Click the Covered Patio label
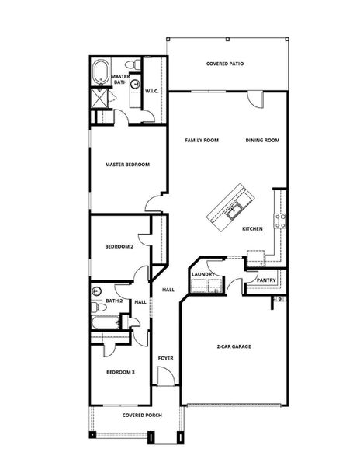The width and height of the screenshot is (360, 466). (225, 64)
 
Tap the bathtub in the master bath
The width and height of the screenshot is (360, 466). (100, 74)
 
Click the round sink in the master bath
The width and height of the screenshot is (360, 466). (134, 85)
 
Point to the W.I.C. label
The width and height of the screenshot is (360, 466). (152, 92)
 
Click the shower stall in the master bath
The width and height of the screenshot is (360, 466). (100, 96)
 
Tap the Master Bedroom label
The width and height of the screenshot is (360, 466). (127, 165)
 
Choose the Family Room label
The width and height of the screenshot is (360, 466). (201, 141)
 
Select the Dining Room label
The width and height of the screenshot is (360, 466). (262, 141)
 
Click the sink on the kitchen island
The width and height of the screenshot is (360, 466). (235, 207)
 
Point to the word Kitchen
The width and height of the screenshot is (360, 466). (252, 229)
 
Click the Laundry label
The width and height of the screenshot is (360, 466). (202, 274)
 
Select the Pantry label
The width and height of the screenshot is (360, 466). (266, 280)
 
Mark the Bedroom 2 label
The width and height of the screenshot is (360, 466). (120, 248)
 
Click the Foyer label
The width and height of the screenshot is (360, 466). (165, 358)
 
